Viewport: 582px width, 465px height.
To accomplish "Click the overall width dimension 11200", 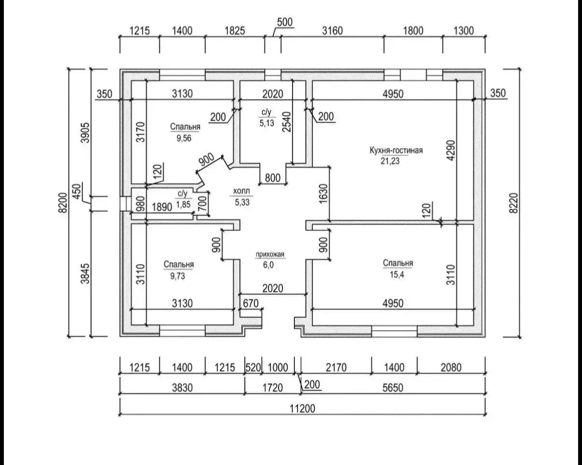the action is (x=303, y=409).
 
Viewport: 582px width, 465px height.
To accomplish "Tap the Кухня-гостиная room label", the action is (x=396, y=150).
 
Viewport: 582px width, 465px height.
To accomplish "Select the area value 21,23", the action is (x=390, y=161).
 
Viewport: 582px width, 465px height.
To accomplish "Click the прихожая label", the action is (x=270, y=255).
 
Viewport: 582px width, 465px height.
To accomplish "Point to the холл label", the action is (x=241, y=191).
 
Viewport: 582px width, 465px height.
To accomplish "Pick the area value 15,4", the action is (x=397, y=274).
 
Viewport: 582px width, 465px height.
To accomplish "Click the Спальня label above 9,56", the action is (x=185, y=126).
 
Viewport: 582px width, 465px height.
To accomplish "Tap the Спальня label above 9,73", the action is (x=179, y=264).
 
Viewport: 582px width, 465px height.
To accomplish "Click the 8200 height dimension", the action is (x=62, y=203).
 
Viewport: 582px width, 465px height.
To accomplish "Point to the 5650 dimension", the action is (x=393, y=388).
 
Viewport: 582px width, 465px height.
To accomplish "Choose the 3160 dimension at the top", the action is (x=333, y=31).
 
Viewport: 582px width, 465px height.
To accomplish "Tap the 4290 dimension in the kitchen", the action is (x=451, y=150).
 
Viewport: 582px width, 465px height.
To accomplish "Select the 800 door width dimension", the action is (x=273, y=178).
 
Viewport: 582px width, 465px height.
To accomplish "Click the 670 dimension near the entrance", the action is (x=250, y=303).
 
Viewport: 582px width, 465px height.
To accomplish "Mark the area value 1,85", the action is (x=183, y=205).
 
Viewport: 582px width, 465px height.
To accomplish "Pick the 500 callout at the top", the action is (x=285, y=22).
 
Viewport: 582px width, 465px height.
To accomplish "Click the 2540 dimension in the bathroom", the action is (x=286, y=122).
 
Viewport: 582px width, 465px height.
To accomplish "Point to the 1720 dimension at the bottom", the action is (x=273, y=388).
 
